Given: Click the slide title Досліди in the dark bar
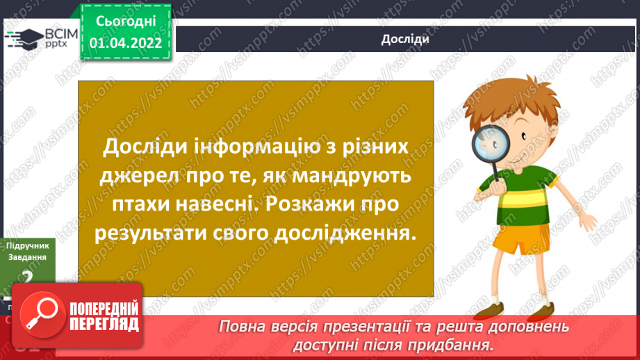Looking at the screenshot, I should [x=404, y=39].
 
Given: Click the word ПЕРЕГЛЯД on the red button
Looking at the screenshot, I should [x=104, y=324].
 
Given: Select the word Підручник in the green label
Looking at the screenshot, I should [x=27, y=246].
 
